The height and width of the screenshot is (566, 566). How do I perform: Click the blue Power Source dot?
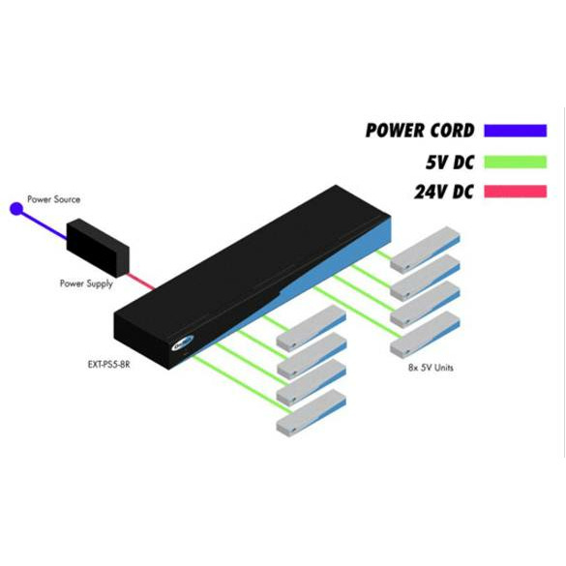16,209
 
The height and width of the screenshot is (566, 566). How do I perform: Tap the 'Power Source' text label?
54,199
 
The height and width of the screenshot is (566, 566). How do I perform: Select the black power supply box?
98,248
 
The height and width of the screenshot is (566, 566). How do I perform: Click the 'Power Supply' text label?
86,283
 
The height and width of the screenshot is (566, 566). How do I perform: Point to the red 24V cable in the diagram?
141,282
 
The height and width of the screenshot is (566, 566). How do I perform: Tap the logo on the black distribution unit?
183,343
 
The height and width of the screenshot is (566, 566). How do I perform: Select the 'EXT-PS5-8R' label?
108,365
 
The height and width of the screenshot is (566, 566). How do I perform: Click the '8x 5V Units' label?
431,368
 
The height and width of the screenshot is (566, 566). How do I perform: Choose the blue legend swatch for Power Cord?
516,131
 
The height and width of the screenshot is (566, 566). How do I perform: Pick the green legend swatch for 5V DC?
516,162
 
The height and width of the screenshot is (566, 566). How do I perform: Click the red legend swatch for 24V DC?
516,192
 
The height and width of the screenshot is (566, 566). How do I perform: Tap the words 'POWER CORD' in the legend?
420,131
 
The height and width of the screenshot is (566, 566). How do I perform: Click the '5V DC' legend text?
450,163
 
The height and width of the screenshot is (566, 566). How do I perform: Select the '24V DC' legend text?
444,192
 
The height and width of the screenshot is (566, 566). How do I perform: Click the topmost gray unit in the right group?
425,250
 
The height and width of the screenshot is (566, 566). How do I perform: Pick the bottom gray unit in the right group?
425,334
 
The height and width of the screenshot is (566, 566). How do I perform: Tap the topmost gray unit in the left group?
312,327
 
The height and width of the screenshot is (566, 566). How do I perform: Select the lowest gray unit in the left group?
312,413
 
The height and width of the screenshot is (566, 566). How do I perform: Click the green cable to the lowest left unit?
241,383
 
